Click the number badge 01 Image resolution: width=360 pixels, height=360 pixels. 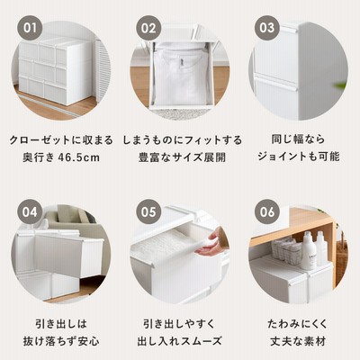pyautogui.click(x=30, y=28)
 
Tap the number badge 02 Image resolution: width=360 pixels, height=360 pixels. pyautogui.click(x=148, y=28)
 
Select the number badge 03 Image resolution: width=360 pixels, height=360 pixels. pyautogui.click(x=267, y=28)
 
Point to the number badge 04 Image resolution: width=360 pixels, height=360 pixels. pyautogui.click(x=30, y=211)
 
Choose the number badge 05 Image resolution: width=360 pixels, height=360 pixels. pyautogui.click(x=148, y=211)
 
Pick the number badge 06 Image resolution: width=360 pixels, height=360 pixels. pyautogui.click(x=267, y=211)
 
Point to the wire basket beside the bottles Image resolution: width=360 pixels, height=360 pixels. pyautogui.click(x=286, y=250)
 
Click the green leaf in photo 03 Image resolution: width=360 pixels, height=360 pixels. pyautogui.click(x=341, y=85)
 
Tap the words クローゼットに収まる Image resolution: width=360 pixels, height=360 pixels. pyautogui.click(x=61, y=140)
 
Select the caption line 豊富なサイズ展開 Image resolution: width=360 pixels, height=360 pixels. pyautogui.click(x=183, y=157)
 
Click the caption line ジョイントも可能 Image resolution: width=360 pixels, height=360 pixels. pyautogui.click(x=299, y=157)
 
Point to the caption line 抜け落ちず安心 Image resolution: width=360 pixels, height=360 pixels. pyautogui.click(x=61, y=341)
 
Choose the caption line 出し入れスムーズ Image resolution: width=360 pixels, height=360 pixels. pyautogui.click(x=179, y=341)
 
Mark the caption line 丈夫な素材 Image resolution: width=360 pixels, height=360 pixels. pyautogui.click(x=298, y=341)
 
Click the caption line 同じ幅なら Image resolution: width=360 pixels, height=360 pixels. pyautogui.click(x=299, y=139)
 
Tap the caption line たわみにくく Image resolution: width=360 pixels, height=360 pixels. pyautogui.click(x=298, y=324)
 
